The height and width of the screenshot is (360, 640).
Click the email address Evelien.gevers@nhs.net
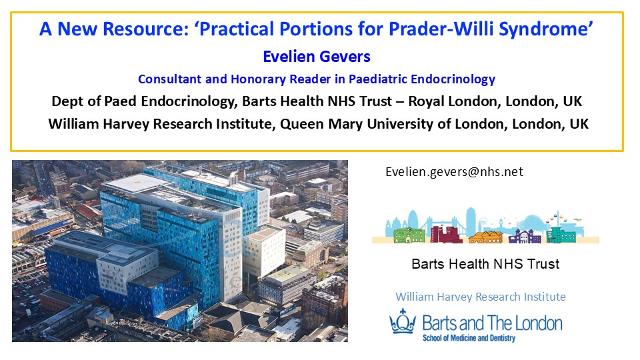(454, 172)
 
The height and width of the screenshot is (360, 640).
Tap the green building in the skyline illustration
(409, 235)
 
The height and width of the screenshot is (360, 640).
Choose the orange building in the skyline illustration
(486, 237)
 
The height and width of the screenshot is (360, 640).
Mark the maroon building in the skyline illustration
(446, 234)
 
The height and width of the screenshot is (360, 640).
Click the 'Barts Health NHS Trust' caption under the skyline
(485, 264)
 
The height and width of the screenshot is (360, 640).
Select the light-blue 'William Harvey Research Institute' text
(481, 297)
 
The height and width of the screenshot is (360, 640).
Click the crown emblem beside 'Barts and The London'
(403, 321)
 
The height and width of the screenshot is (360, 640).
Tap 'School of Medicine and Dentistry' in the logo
(469, 338)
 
